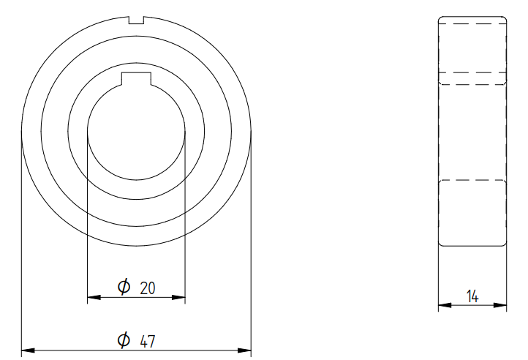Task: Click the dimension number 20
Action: [148, 288]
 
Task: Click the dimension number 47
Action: [148, 341]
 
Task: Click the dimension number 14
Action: [472, 296]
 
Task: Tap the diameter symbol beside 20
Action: [124, 287]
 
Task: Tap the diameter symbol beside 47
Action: [124, 340]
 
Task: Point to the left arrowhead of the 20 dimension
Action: [94, 297]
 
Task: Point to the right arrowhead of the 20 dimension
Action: [178, 297]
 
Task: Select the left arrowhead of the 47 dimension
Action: [28, 350]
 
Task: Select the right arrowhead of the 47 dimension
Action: [244, 350]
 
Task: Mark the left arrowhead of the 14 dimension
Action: [445, 305]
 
